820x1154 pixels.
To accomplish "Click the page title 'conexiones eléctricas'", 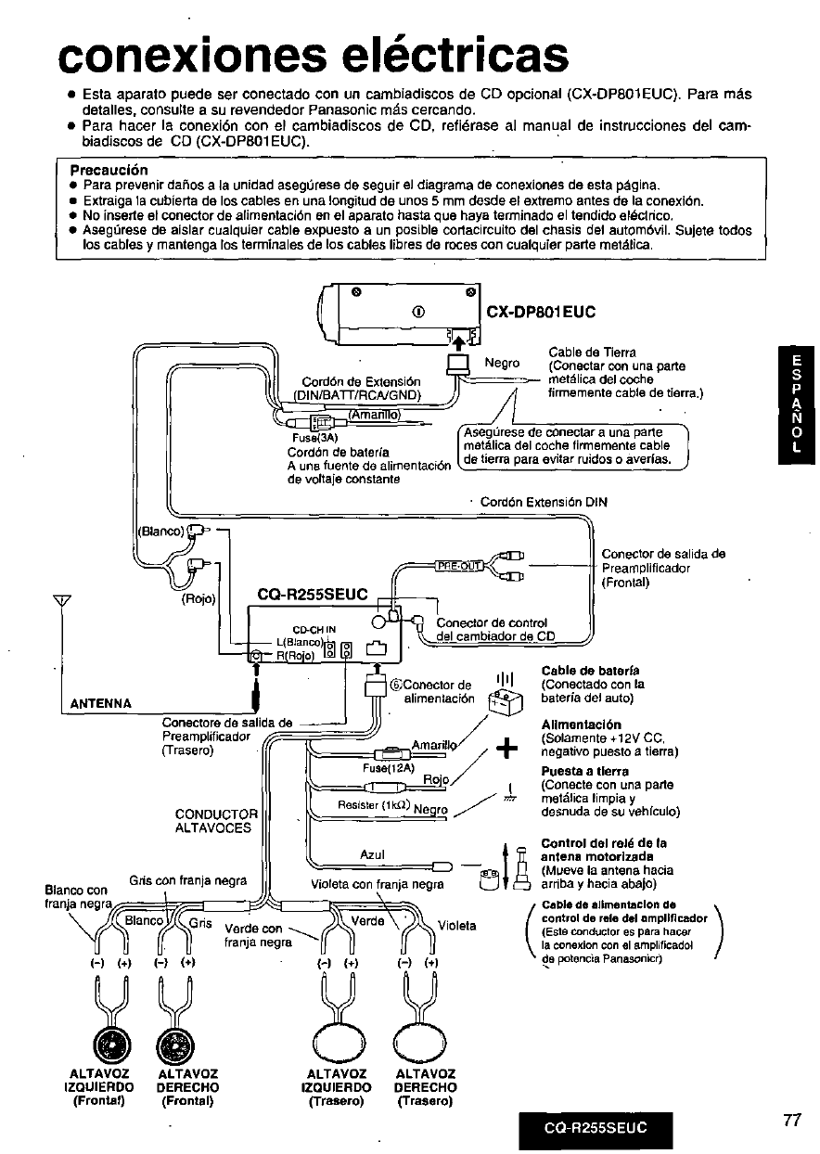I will click(312, 55).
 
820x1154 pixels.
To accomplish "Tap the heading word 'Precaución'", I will click(109, 171).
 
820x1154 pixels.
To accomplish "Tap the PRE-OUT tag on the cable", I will click(459, 568).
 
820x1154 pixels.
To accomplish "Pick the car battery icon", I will click(507, 704).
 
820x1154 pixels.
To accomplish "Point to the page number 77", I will click(790, 1121).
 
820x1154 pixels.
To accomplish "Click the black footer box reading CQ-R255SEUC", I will click(594, 1129).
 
